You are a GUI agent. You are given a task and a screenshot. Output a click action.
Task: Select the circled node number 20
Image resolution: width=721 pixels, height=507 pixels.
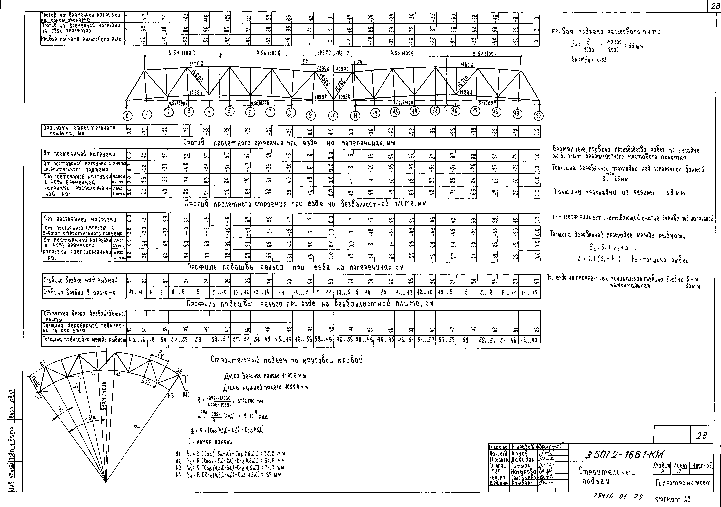tap(539, 116)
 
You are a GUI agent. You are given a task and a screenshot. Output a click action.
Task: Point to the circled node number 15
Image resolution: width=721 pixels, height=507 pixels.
tap(435, 111)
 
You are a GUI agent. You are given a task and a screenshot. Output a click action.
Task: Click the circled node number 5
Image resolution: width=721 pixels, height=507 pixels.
tap(230, 111)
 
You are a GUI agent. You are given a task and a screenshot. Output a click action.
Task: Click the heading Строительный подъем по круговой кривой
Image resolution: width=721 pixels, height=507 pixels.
tap(286, 360)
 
